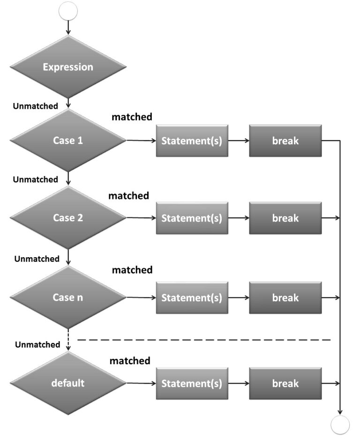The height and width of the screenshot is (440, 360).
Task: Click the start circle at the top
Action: [68, 11]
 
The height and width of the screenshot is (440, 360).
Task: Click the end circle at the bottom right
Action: [340, 425]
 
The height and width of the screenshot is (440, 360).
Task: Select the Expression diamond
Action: [68, 67]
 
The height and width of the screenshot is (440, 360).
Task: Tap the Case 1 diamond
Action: [68, 140]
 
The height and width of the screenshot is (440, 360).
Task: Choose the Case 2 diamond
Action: [68, 218]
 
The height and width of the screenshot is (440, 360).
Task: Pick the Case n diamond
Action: [68, 298]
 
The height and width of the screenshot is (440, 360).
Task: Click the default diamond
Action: [68, 383]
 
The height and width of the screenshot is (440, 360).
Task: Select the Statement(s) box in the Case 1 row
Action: [192, 141]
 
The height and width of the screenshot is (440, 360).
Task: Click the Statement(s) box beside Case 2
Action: [192, 218]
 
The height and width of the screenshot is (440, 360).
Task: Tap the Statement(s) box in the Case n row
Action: [192, 298]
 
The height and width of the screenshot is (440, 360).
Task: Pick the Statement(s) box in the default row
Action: [192, 383]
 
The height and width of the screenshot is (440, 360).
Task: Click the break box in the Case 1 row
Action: [285, 141]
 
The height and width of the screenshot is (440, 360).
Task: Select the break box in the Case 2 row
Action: [285, 218]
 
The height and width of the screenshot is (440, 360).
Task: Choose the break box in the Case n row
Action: [285, 298]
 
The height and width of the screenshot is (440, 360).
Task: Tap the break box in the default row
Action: [285, 383]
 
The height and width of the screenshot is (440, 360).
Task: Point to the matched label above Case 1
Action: [132, 117]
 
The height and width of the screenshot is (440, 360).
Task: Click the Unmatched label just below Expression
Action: [36, 106]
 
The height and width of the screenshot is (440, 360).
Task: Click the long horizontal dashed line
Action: [204, 339]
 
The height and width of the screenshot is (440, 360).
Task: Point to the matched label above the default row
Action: [130, 361]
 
